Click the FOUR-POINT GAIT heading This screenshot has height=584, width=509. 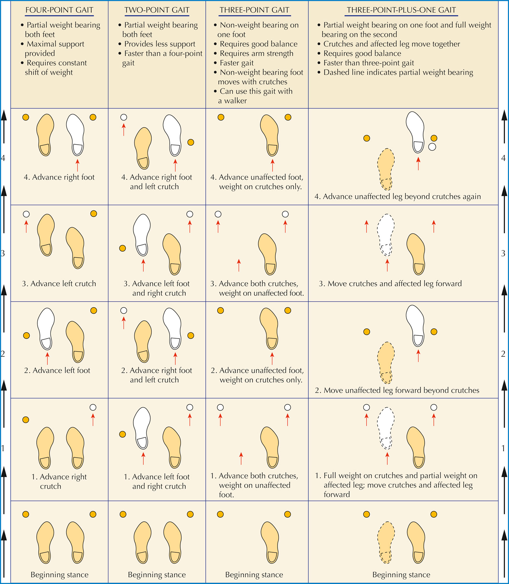pyautogui.click(x=59, y=10)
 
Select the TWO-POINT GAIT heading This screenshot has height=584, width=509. pyautogui.click(x=157, y=10)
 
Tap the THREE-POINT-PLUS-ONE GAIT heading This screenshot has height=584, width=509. pyautogui.click(x=401, y=10)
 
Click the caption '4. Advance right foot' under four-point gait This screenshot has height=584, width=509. pyautogui.click(x=59, y=177)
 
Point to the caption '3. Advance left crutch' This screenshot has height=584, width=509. pyautogui.click(x=59, y=284)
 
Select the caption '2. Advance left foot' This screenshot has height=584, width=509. pyautogui.click(x=57, y=370)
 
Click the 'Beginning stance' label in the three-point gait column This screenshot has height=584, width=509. pyautogui.click(x=254, y=575)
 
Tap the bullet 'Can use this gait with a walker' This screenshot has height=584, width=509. pyautogui.click(x=253, y=96)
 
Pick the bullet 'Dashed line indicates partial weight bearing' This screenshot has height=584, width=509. pyautogui.click(x=395, y=72)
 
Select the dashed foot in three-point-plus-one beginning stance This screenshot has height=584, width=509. pyautogui.click(x=386, y=542)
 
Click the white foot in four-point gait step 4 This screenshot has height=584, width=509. pyautogui.click(x=75, y=135)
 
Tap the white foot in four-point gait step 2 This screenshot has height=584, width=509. pyautogui.click(x=46, y=329)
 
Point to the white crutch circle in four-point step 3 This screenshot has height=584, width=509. pyautogui.click(x=26, y=214)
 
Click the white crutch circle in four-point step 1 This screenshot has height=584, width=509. pyautogui.click(x=93, y=407)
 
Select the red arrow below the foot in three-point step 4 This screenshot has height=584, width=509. pyautogui.click(x=272, y=165)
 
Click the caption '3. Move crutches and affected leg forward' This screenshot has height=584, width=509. pyautogui.click(x=390, y=284)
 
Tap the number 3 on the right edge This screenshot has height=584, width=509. pyautogui.click(x=503, y=253)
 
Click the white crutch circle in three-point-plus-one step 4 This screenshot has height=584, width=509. pyautogui.click(x=432, y=147)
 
